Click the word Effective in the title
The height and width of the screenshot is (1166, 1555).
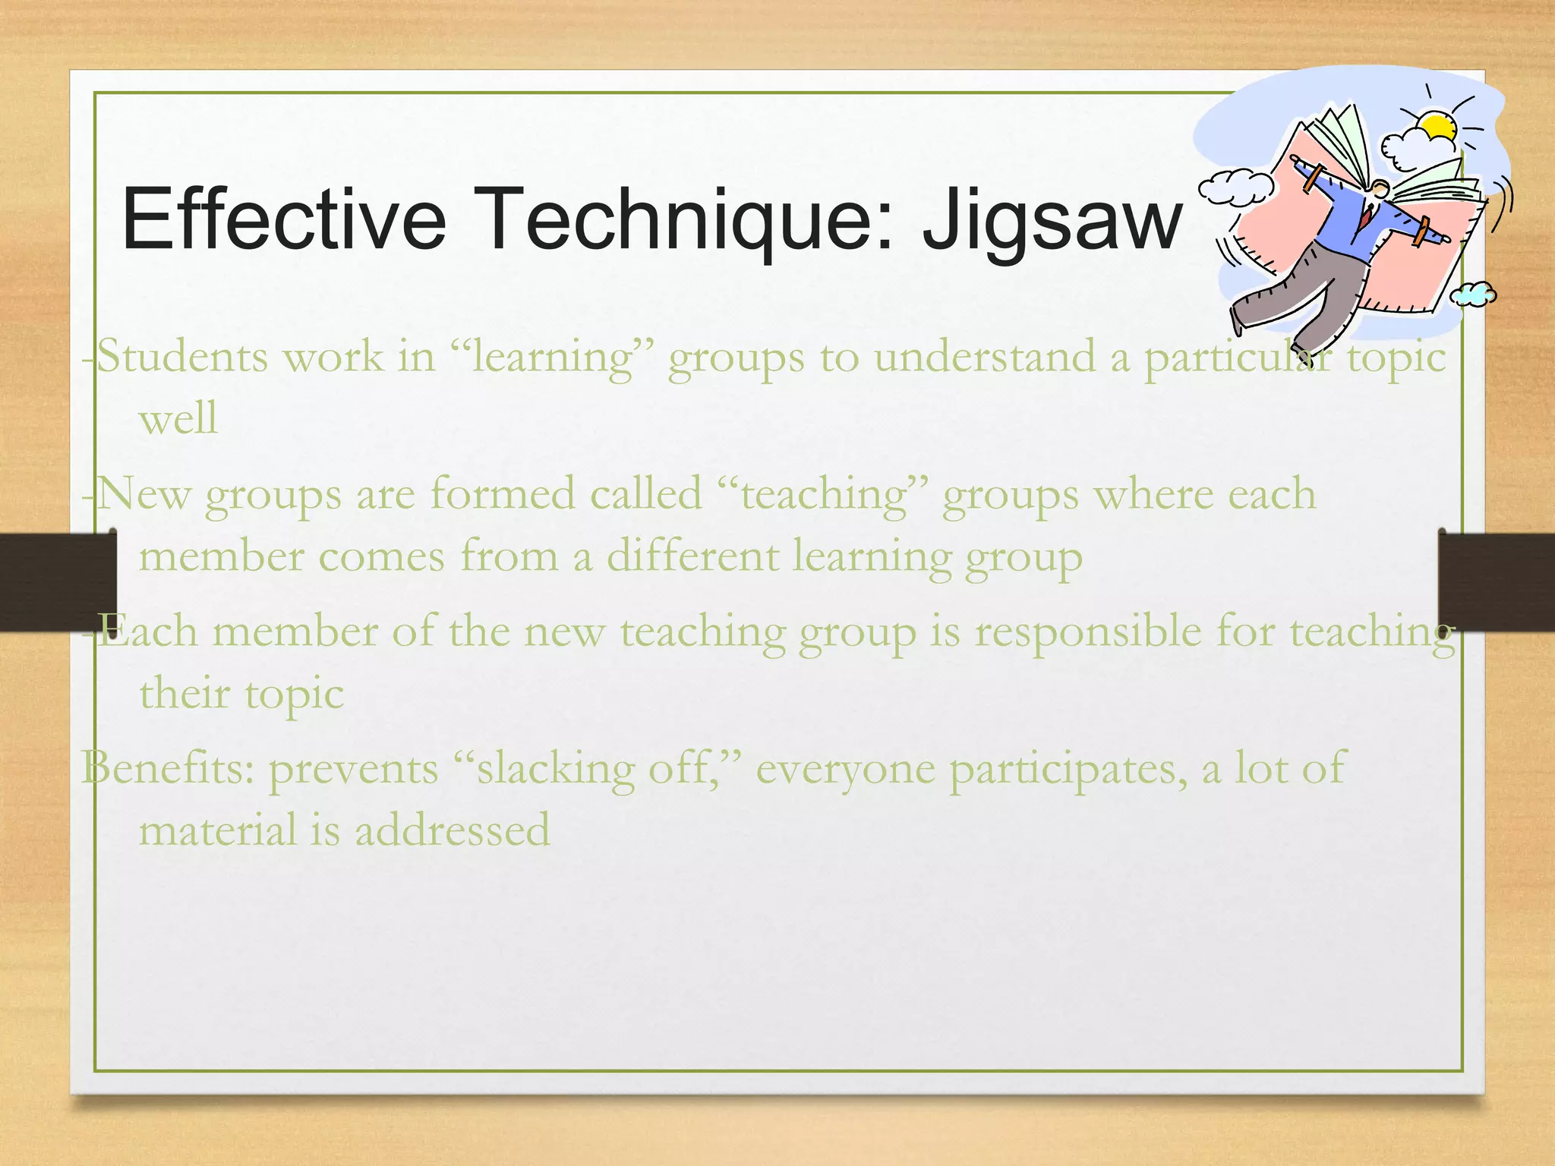[283, 219]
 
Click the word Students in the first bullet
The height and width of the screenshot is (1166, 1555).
[183, 356]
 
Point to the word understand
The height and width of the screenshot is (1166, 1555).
[985, 356]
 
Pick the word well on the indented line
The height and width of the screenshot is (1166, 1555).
[178, 418]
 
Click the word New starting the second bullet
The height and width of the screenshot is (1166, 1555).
[144, 494]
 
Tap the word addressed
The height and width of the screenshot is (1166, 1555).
[453, 830]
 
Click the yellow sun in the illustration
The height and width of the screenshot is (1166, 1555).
[1437, 126]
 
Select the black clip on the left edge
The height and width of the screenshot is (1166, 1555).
[58, 581]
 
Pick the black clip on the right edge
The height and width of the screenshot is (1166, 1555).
[1496, 581]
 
